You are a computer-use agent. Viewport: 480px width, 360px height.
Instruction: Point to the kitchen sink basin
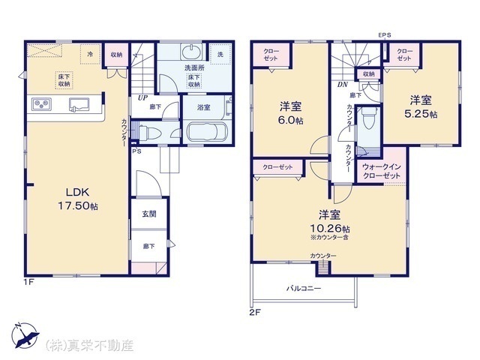tap(77, 104)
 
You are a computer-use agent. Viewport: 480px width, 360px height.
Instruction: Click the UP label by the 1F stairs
tap(142, 96)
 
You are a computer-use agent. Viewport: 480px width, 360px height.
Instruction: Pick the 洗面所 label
tap(195, 68)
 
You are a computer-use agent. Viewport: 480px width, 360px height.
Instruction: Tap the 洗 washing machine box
tap(220, 54)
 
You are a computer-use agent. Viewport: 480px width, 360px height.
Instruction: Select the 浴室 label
tap(203, 108)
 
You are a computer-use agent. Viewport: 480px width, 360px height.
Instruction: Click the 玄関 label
tap(148, 214)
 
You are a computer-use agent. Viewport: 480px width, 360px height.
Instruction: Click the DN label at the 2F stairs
tap(342, 84)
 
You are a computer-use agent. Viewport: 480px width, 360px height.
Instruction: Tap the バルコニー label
tap(304, 288)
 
